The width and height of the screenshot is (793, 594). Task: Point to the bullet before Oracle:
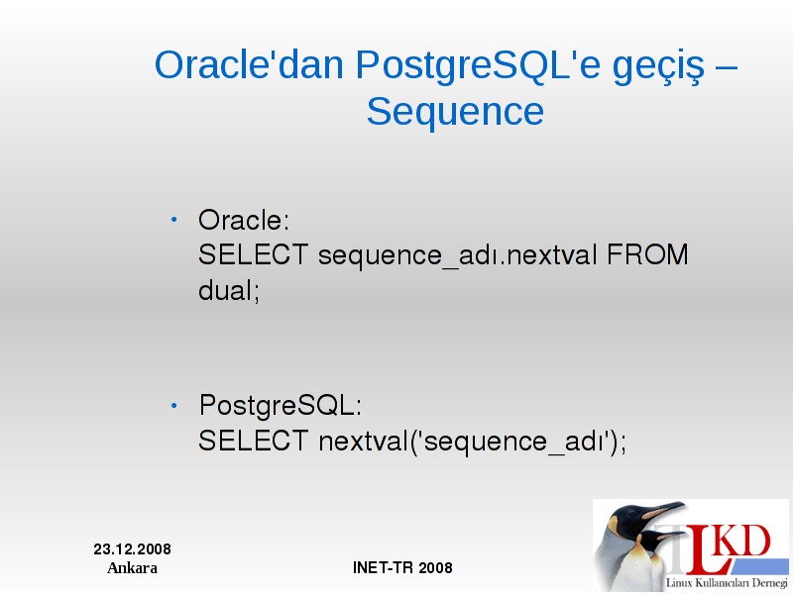174,219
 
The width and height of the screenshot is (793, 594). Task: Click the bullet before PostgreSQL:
174,405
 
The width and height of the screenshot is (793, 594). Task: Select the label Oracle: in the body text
244,220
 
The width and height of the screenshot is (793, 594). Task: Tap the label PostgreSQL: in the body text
281,407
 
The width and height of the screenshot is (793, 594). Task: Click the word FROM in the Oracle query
647,254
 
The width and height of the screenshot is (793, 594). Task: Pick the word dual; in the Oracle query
229,290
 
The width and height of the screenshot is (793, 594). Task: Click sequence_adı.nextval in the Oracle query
458,256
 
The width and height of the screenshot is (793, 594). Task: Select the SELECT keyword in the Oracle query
253,254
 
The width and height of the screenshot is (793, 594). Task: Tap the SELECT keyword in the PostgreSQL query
253,441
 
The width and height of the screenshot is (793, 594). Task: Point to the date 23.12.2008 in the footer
132,549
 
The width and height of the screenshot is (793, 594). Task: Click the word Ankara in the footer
132,568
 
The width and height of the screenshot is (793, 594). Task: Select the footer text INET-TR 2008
402,567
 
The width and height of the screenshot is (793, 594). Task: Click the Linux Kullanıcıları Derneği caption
727,583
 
